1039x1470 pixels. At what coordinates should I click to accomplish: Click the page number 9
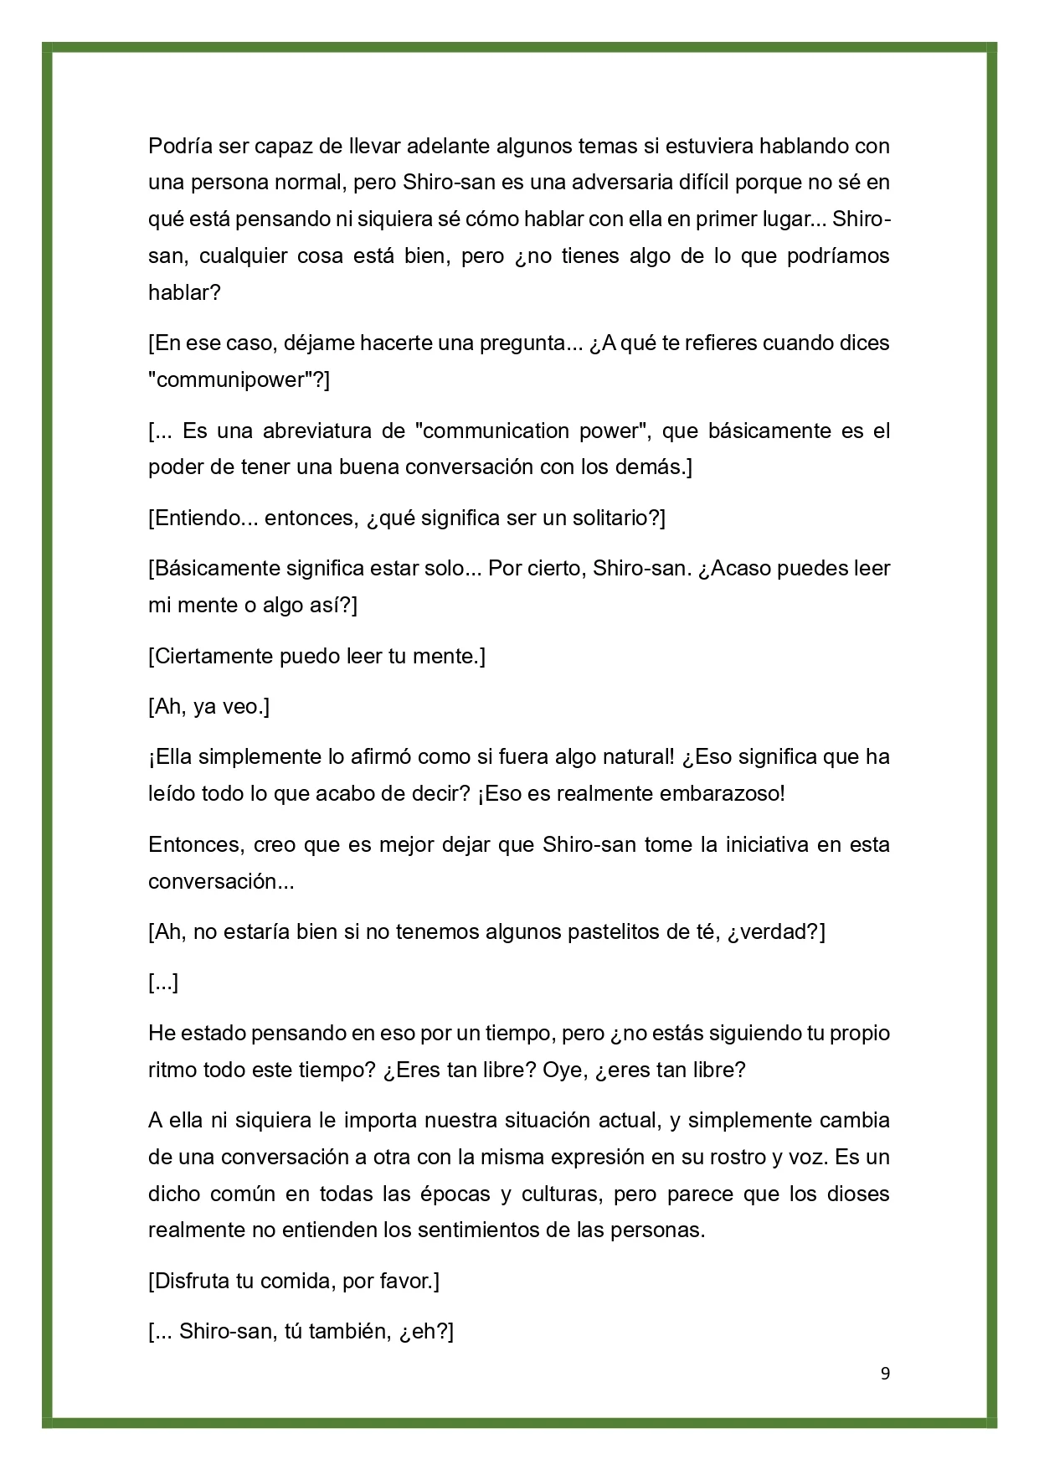886,1373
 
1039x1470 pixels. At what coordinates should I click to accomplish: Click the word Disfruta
193,1281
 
